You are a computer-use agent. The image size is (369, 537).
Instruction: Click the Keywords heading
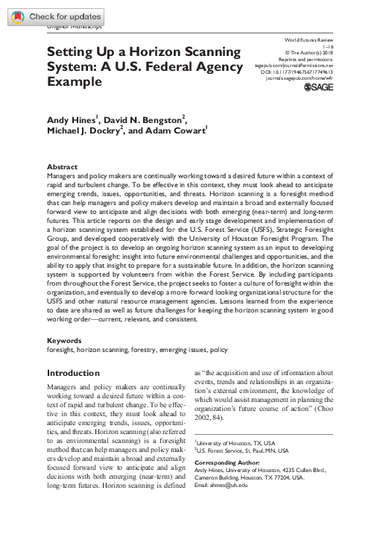[66, 339]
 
